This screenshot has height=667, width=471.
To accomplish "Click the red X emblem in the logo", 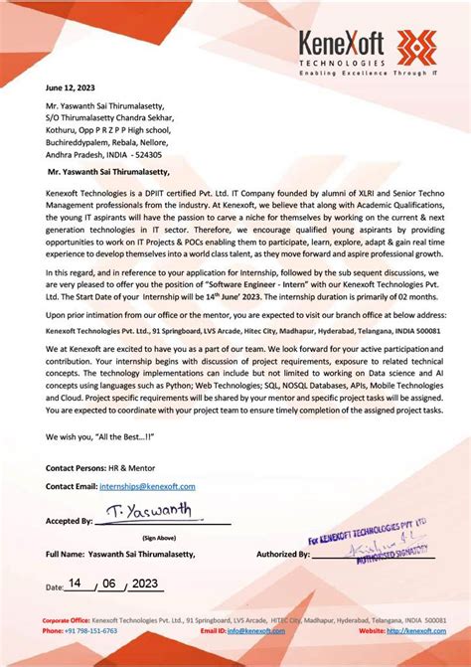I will point(416,46).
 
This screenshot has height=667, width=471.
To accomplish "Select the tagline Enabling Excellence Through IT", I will point(367,74).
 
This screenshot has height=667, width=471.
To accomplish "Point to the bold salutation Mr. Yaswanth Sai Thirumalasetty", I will point(110,171).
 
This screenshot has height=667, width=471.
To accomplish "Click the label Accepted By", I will point(70,520).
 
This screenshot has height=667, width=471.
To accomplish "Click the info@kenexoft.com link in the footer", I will point(248,630).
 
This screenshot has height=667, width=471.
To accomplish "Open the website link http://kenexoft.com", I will point(416,630).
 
